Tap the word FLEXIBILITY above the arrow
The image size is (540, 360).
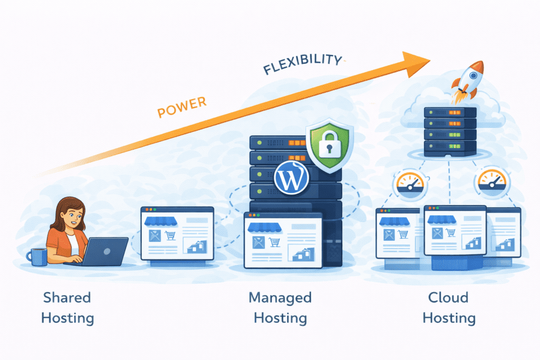pyautogui.click(x=302, y=65)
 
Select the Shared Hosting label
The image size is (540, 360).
pyautogui.click(x=67, y=308)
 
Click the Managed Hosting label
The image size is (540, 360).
pyautogui.click(x=280, y=308)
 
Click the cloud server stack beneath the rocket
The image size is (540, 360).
pyautogui.click(x=450, y=131)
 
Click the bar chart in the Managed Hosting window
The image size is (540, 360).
pyautogui.click(x=303, y=253)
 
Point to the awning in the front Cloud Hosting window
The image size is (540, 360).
pyautogui.click(x=441, y=219)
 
